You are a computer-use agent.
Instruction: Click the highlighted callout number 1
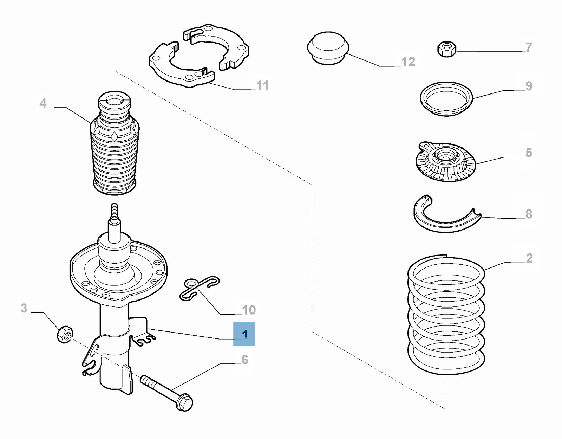[244, 334]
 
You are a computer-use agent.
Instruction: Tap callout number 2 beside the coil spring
[529, 258]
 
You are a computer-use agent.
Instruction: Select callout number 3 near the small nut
[24, 308]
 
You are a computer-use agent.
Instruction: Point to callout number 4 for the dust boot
[43, 103]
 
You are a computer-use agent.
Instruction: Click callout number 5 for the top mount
[529, 153]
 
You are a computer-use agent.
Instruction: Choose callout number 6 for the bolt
[245, 360]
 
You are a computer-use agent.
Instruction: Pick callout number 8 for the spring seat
[529, 214]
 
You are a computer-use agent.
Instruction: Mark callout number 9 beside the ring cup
[529, 86]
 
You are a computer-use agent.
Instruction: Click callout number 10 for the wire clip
[249, 310]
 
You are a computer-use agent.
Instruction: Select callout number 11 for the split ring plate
[262, 85]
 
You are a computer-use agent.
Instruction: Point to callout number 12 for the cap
[408, 62]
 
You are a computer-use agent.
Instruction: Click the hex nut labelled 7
[447, 49]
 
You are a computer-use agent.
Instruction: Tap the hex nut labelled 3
[65, 334]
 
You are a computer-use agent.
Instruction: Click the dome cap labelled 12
[328, 48]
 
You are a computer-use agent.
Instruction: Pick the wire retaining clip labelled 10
[199, 288]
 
